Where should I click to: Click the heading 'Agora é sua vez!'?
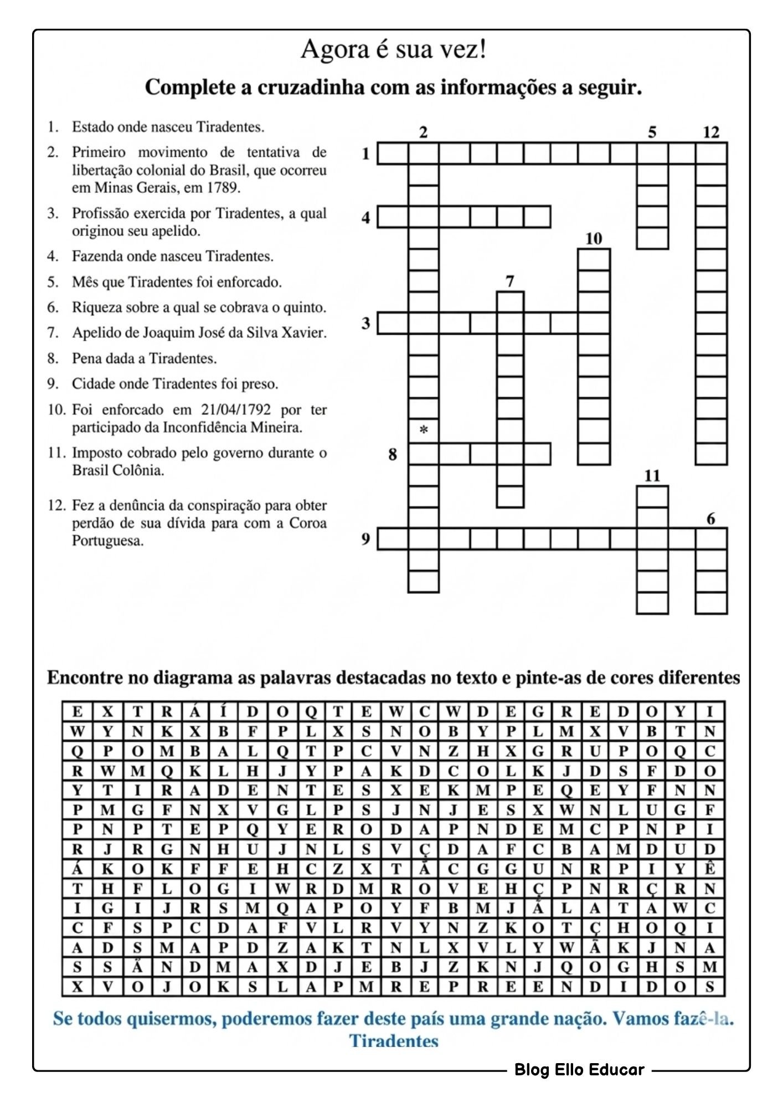[394, 50]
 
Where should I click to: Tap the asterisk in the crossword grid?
[424, 430]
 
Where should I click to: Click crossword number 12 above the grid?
[711, 132]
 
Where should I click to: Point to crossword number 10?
[593, 239]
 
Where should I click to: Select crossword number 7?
[510, 281]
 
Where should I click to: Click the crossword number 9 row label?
[365, 538]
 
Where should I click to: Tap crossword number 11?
[652, 476]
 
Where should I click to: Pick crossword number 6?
[711, 519]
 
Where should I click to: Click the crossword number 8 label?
[393, 454]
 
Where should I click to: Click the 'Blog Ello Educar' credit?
[579, 1069]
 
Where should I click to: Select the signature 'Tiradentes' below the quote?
[394, 1041]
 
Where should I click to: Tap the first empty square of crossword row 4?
[393, 217]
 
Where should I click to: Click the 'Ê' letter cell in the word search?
[710, 869]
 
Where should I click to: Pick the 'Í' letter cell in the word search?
[223, 711]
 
